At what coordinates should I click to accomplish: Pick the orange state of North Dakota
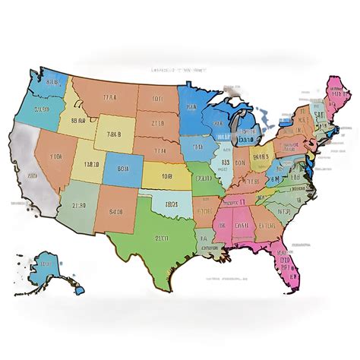[159, 98]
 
